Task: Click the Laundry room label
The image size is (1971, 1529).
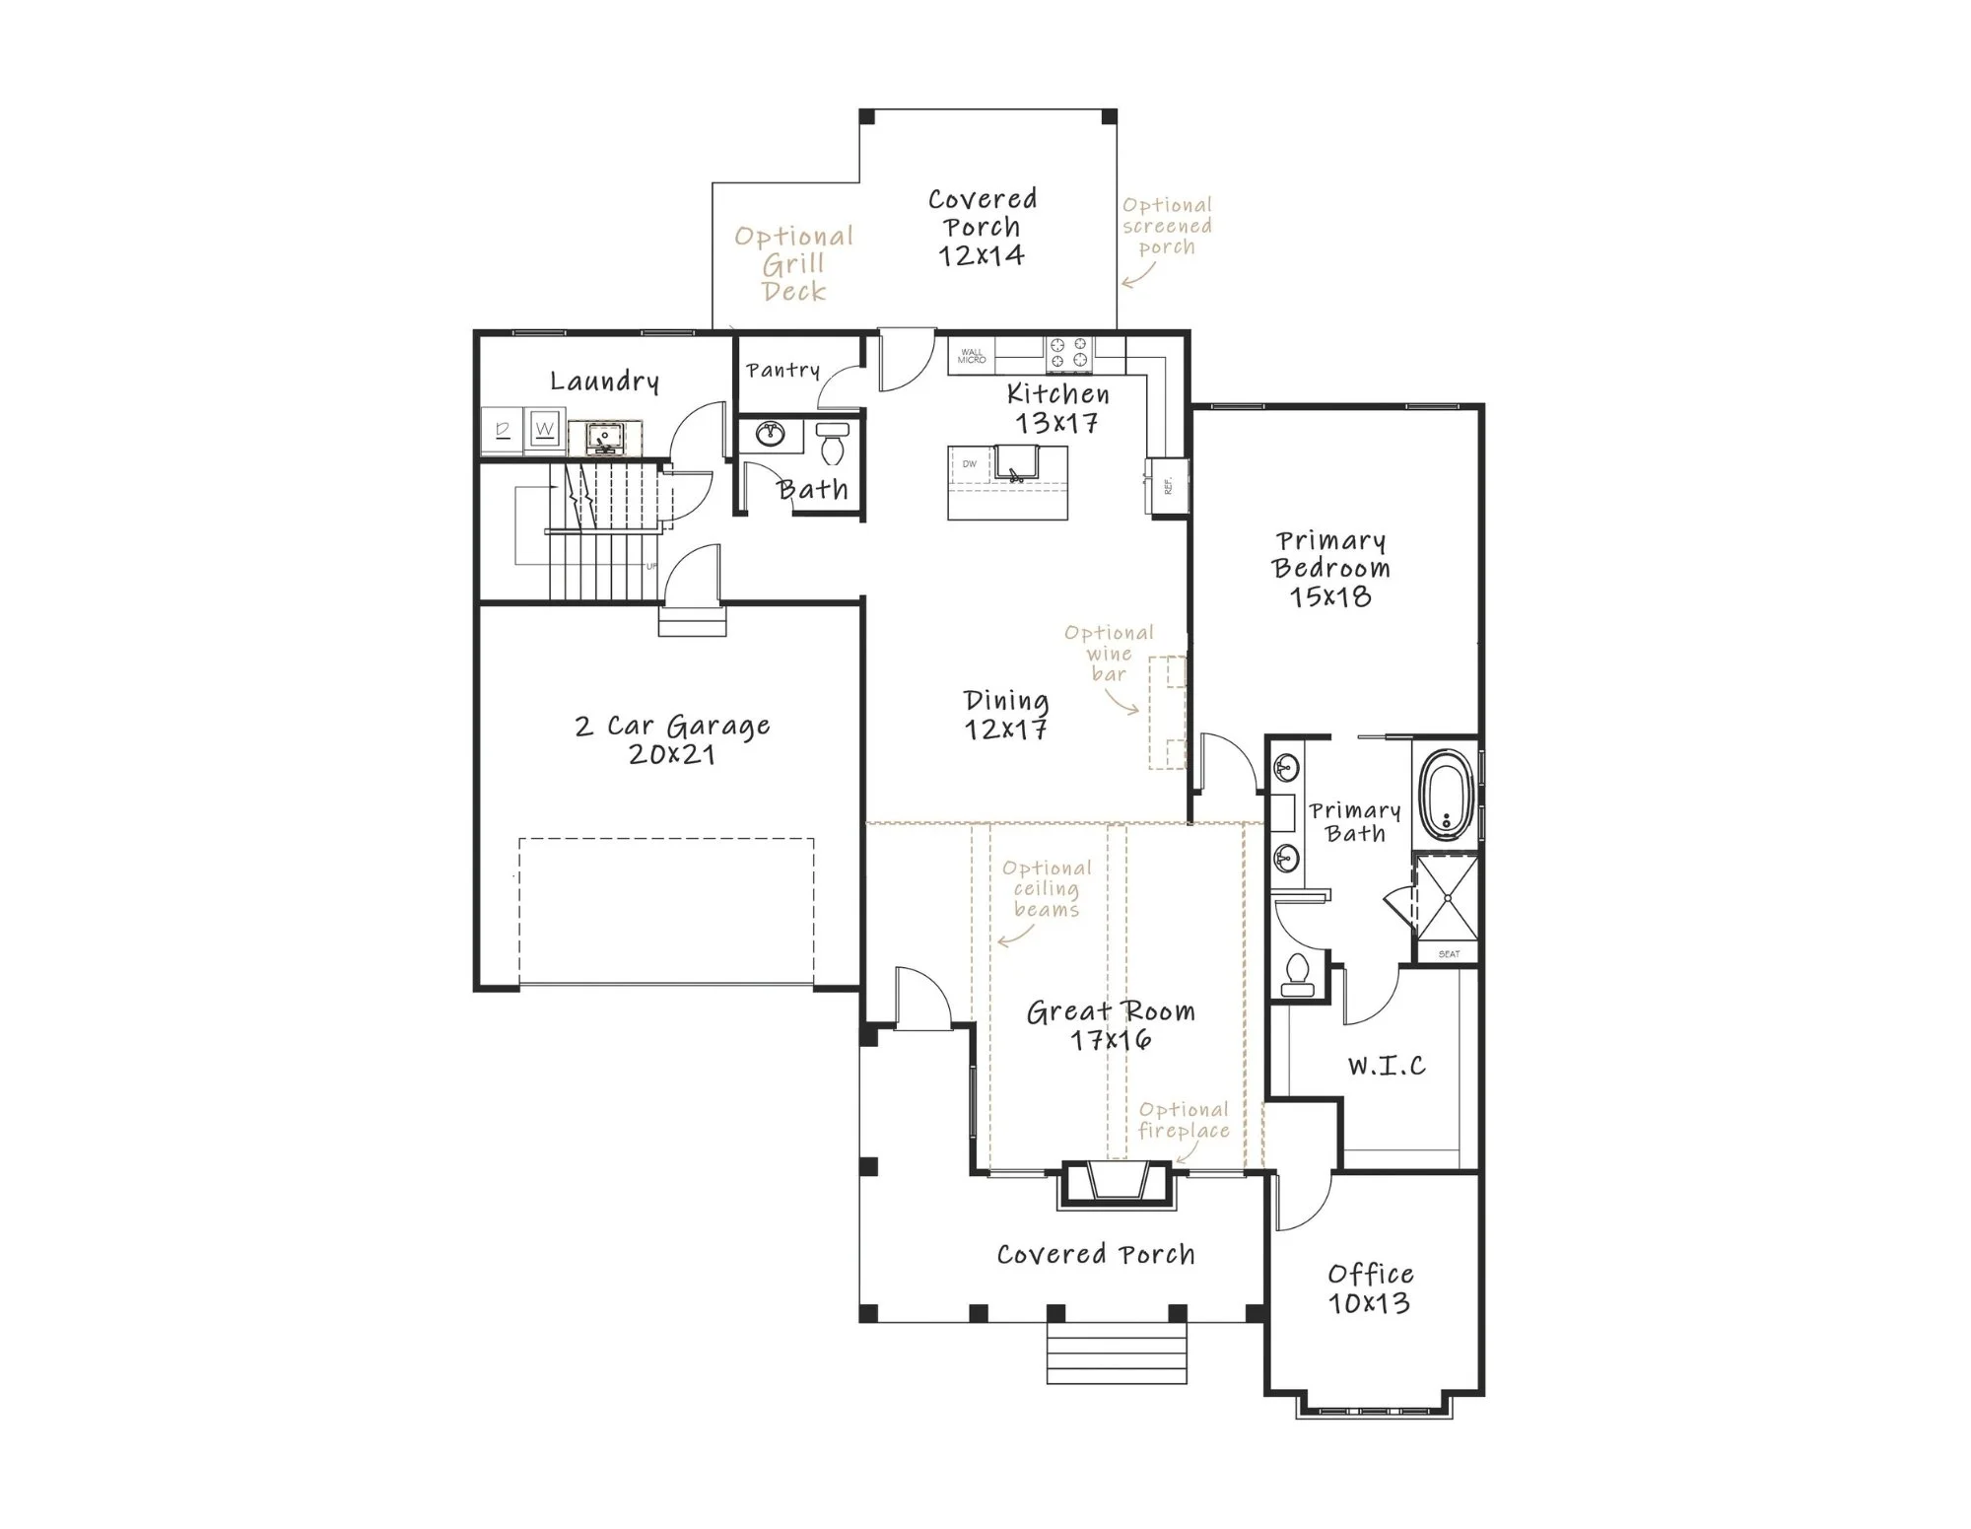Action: click(x=604, y=382)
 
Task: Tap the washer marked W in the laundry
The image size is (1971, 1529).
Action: click(x=545, y=429)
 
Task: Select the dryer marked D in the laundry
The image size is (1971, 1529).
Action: click(x=503, y=429)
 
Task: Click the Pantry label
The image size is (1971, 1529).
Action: click(x=782, y=371)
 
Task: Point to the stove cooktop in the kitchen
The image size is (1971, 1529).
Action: click(x=1068, y=355)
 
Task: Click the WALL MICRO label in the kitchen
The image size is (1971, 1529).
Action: click(x=972, y=356)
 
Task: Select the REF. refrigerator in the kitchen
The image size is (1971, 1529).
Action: click(x=1166, y=485)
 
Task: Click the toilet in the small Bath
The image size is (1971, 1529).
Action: click(x=834, y=443)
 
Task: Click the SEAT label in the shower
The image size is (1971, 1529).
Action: click(x=1449, y=954)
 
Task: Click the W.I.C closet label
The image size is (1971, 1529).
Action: click(x=1386, y=1066)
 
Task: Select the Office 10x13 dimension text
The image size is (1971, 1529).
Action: click(x=1369, y=1303)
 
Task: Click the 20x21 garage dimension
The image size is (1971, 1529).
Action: click(x=671, y=755)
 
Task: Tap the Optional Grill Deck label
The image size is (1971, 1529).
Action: click(x=793, y=264)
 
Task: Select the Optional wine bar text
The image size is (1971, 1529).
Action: click(x=1109, y=654)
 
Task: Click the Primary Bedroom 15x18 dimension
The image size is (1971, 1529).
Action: click(x=1330, y=596)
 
